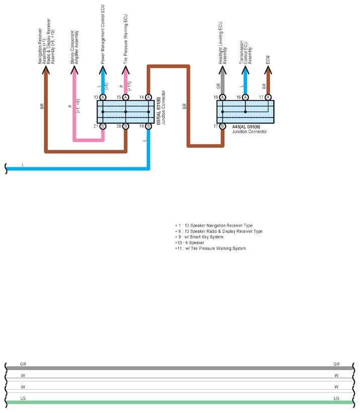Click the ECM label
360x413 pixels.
[268, 60]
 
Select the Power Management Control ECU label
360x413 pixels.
[103, 35]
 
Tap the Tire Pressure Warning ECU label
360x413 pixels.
[125, 39]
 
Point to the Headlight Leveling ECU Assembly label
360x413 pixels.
[222, 43]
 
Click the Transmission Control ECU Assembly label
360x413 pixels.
[245, 52]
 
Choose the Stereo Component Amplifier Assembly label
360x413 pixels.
[74, 47]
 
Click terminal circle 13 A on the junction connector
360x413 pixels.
[103, 97]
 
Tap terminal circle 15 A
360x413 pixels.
[126, 97]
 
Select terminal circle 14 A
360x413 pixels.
[148, 97]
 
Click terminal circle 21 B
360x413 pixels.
[103, 126]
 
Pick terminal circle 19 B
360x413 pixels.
[148, 126]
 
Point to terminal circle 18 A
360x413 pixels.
[222, 97]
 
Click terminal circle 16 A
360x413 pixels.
[245, 97]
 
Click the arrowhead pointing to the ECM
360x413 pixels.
[268, 70]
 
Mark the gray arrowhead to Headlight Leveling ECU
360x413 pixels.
[222, 70]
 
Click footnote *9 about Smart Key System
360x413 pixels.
[199, 237]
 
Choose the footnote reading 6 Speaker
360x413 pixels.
[190, 243]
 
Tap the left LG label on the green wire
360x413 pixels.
[23, 398]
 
